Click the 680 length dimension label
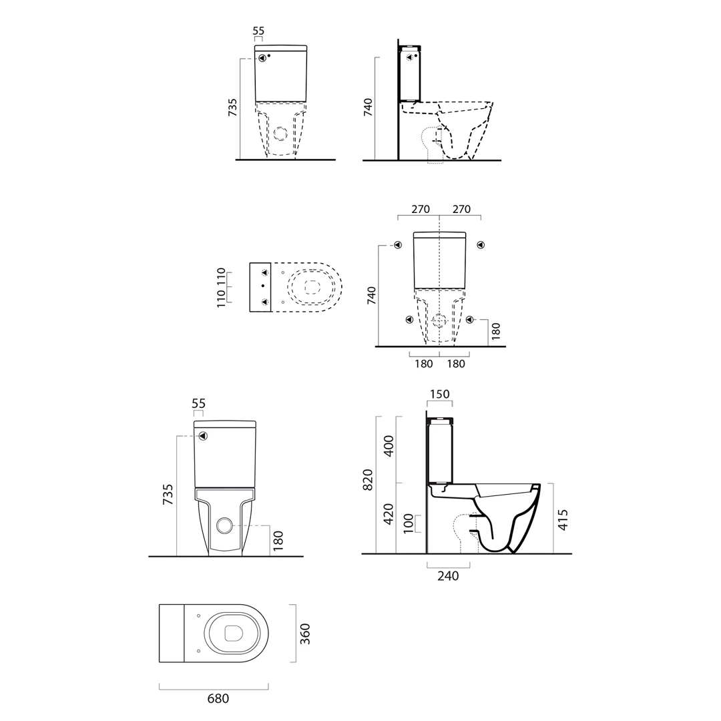[x=218, y=698]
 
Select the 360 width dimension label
[x=305, y=634]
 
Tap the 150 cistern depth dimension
[x=439, y=394]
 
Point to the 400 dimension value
[x=389, y=445]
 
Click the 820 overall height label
[x=368, y=479]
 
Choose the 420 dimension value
[x=389, y=514]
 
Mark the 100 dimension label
[x=409, y=523]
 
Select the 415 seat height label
[x=563, y=519]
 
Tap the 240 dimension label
[x=448, y=575]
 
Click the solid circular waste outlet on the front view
[x=224, y=525]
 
